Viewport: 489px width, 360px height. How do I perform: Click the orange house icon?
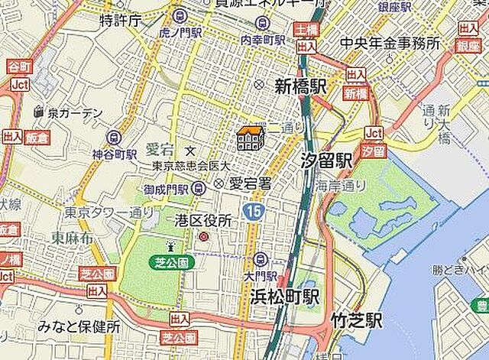click(x=251, y=138)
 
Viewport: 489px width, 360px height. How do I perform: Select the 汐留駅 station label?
click(x=326, y=161)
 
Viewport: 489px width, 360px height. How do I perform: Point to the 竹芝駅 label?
click(x=356, y=321)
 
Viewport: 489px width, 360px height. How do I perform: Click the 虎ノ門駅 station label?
click(x=180, y=33)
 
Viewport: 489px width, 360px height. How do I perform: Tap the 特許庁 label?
click(x=119, y=21)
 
